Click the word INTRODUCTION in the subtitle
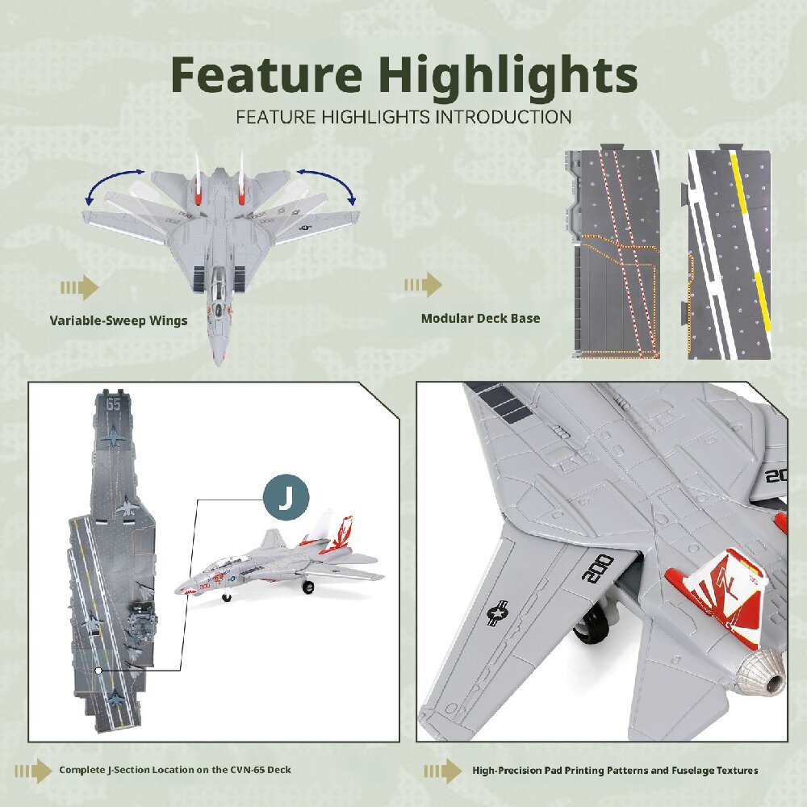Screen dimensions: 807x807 [504, 117]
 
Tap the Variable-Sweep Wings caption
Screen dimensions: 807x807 [119, 320]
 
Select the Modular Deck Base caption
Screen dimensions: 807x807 [481, 318]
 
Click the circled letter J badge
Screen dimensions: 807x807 [286, 497]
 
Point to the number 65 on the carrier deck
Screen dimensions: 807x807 [113, 404]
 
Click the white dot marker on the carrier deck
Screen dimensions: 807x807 [98, 671]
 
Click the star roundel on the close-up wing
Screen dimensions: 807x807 [498, 613]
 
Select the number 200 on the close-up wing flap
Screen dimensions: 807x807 [597, 568]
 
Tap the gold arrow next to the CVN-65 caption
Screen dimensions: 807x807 [33, 771]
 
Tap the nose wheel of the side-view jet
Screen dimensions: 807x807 [226, 597]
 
